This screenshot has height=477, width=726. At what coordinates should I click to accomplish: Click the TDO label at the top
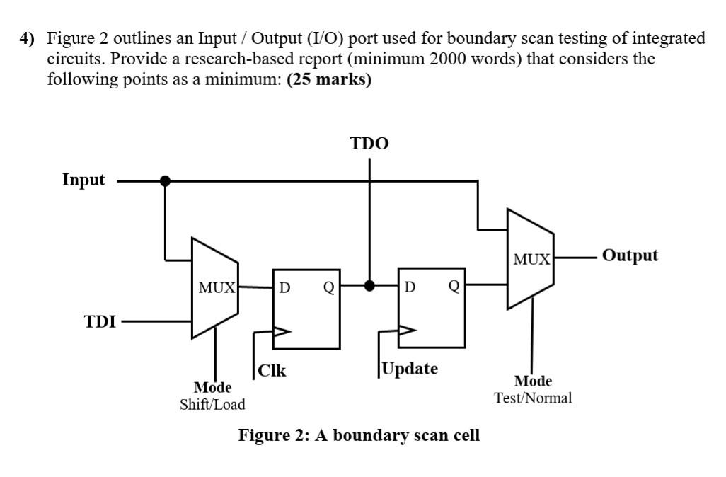369,144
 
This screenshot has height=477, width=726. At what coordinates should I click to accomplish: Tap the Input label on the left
83,180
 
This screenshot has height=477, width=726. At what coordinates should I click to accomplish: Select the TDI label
100,321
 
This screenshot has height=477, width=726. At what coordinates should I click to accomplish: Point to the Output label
630,255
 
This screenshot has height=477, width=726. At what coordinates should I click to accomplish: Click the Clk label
272,370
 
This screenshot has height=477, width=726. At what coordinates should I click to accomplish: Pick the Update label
410,369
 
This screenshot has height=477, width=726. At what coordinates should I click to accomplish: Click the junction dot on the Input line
165,181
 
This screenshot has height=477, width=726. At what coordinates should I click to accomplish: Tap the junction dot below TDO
369,286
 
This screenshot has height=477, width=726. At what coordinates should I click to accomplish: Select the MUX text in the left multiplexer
217,288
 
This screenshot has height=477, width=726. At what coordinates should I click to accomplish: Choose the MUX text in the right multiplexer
531,259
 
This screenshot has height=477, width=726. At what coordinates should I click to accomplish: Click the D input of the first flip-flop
284,288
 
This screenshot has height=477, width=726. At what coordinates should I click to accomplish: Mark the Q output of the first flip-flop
328,288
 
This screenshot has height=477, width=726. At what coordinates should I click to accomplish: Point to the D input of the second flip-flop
410,287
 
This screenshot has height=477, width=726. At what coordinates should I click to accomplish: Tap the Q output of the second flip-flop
454,287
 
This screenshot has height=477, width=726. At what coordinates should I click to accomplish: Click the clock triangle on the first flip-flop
282,331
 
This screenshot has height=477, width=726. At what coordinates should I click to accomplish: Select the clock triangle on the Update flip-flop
408,331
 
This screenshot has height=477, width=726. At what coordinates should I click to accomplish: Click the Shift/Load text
212,404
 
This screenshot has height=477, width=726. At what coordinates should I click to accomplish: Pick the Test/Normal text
533,398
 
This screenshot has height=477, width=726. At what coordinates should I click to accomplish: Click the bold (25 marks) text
329,80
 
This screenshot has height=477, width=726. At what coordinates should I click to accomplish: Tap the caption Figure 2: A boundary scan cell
359,435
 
